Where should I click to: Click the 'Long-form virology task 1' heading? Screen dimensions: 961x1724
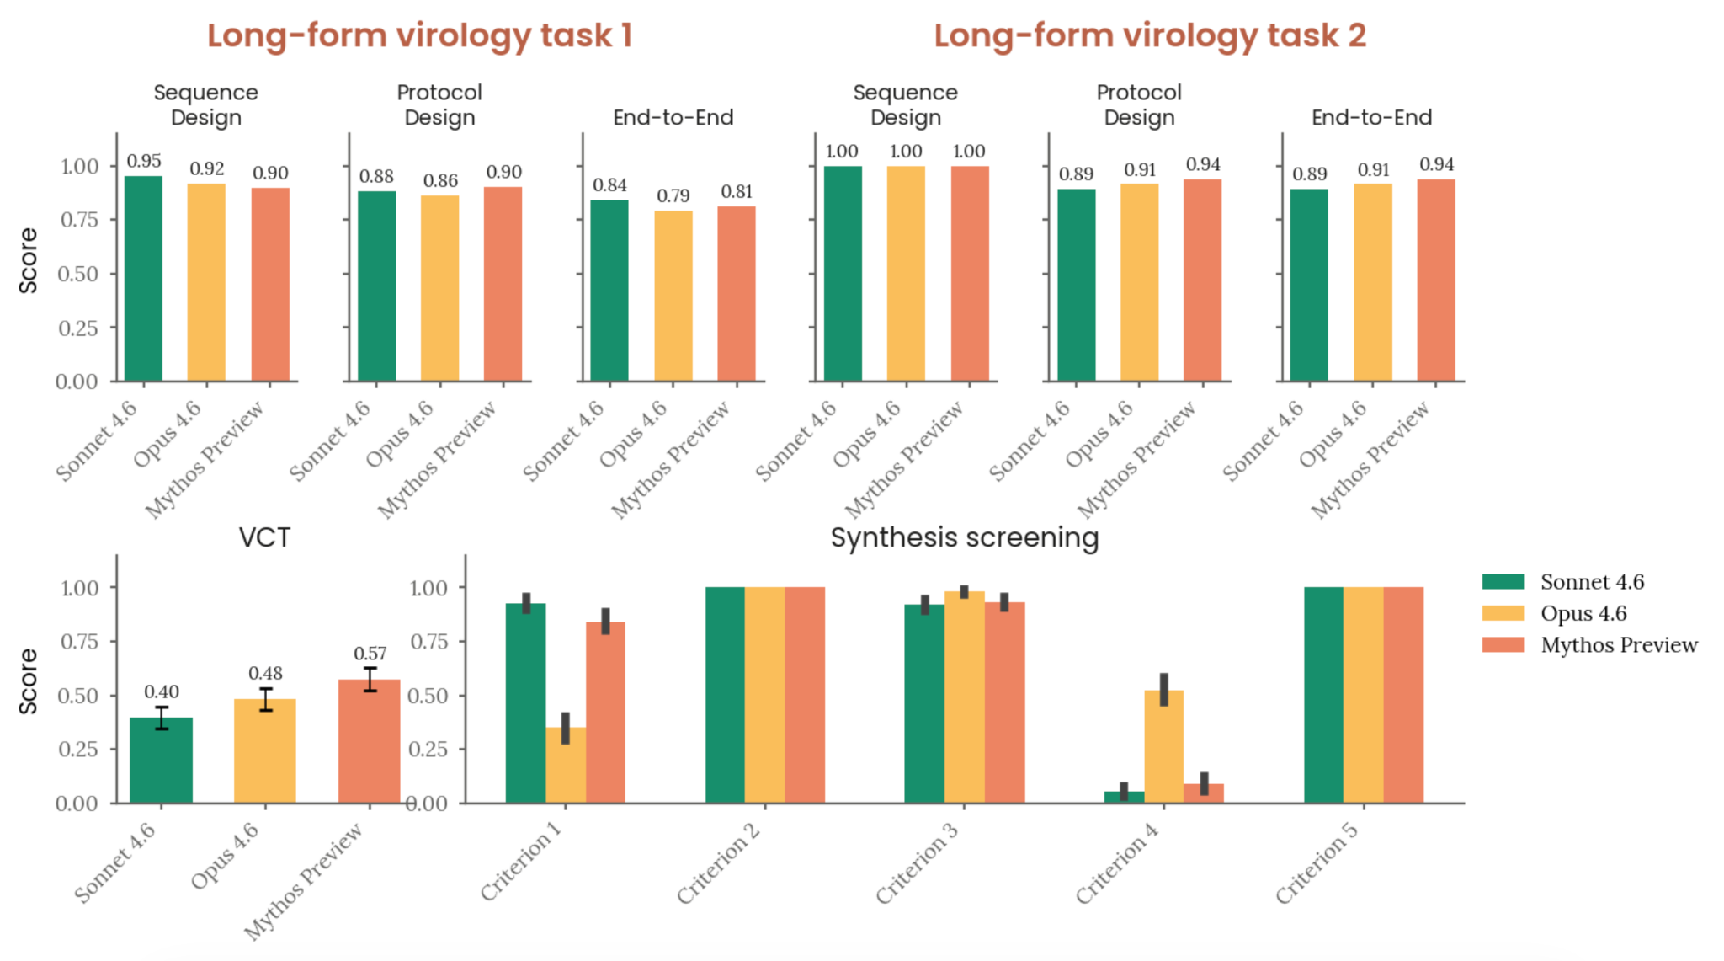[419, 35]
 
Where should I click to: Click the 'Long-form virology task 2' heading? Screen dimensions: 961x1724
[1150, 35]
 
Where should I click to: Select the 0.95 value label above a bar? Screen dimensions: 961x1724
[144, 161]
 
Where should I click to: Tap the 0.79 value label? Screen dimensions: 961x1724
[673, 196]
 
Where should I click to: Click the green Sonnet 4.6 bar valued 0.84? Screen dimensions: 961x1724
[609, 291]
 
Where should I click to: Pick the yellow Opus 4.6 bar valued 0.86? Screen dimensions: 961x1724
[439, 288]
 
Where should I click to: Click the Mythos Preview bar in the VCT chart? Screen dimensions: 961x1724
[369, 741]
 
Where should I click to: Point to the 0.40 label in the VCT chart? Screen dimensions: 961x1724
[161, 692]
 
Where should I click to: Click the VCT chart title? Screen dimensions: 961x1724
[264, 537]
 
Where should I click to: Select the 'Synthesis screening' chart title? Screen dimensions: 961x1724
[965, 537]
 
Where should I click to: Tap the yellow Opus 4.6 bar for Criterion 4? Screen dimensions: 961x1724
[1163, 746]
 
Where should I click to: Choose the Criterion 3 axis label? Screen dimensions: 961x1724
[917, 862]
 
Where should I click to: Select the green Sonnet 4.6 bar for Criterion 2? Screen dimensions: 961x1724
[725, 695]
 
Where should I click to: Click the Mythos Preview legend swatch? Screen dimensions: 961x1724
[1503, 645]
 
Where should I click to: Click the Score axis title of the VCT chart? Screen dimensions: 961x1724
[29, 681]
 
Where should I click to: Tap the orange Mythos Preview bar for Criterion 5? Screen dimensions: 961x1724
[1403, 695]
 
